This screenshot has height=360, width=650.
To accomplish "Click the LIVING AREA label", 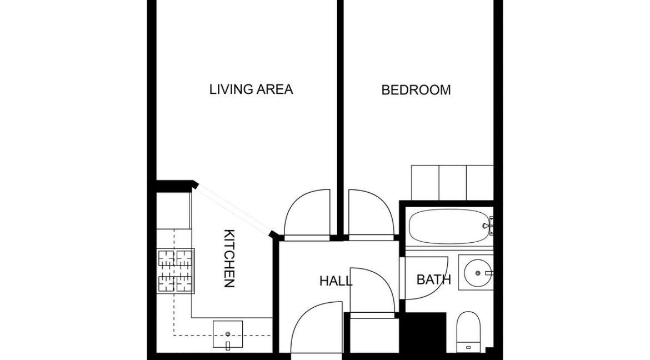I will coord(251,89).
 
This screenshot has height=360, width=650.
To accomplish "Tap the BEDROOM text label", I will coord(416,90).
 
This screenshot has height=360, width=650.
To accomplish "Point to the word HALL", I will coord(336,281).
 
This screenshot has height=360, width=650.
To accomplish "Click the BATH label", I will coord(433,279).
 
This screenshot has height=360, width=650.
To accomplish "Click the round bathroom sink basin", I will coord(476,273).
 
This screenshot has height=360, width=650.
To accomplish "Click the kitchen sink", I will coord(228,336).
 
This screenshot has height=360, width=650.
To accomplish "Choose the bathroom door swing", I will coord(425,278).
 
